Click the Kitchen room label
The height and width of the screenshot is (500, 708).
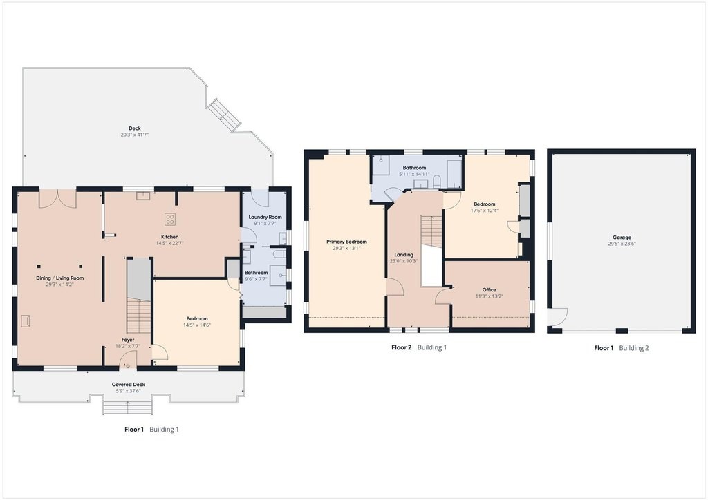[x=170, y=237]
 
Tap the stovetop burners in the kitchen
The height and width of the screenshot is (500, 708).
[x=170, y=219]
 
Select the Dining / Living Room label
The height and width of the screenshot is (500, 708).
[x=60, y=278]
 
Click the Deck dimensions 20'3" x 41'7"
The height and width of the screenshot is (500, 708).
[x=135, y=135]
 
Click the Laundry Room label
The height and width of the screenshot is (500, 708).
[x=265, y=217]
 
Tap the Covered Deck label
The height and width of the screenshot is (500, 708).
[x=128, y=385]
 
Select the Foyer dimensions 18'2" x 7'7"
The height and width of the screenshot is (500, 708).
[x=128, y=346]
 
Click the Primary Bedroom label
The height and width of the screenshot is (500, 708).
[x=347, y=242]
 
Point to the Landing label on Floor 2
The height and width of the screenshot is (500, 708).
[x=404, y=255]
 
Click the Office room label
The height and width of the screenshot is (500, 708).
[x=489, y=290]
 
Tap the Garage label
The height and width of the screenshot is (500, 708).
[x=622, y=237]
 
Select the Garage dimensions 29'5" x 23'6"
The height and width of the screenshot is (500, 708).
[x=622, y=244]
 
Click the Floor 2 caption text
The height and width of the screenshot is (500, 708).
[x=402, y=347]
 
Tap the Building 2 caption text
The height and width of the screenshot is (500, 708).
[x=634, y=347]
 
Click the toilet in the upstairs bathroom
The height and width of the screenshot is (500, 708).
[x=437, y=181]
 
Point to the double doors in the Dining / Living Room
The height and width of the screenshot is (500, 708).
[x=58, y=200]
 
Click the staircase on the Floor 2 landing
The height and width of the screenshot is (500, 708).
[x=431, y=231]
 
